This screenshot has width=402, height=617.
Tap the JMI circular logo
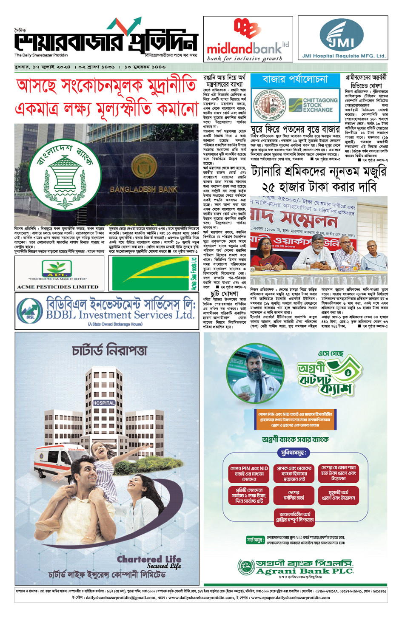coord(342,36)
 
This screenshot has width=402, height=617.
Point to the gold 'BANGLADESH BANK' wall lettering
coord(143,189)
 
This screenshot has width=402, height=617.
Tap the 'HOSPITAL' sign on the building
coord(104,402)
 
